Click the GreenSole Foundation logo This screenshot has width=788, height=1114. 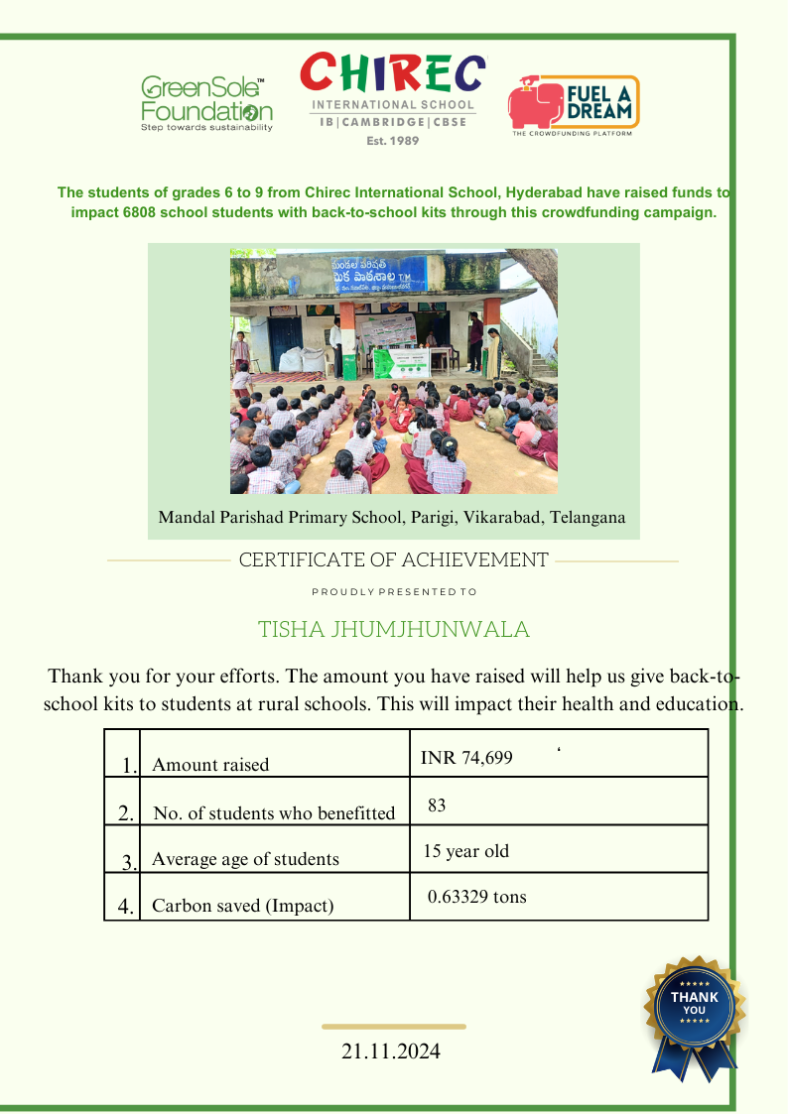coord(206,103)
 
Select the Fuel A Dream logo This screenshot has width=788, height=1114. coord(573,105)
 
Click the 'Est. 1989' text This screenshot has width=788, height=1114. coord(393,141)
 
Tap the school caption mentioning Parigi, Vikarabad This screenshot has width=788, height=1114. coord(392,518)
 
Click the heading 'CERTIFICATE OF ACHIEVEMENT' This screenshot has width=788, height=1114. coord(393,560)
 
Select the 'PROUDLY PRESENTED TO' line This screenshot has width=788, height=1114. coord(394,592)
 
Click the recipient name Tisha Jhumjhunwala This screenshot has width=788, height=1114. coord(394,630)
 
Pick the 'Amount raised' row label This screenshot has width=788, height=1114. coord(210,765)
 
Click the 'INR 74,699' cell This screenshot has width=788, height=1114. coord(466,759)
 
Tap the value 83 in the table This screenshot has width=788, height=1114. coord(437,805)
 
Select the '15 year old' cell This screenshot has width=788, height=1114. coord(465,851)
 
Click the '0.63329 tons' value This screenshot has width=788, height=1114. coord(476,897)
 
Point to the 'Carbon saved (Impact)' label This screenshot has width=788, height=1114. coord(242,906)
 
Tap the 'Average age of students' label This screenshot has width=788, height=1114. coord(245,859)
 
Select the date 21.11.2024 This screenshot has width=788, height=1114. coord(391,1052)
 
